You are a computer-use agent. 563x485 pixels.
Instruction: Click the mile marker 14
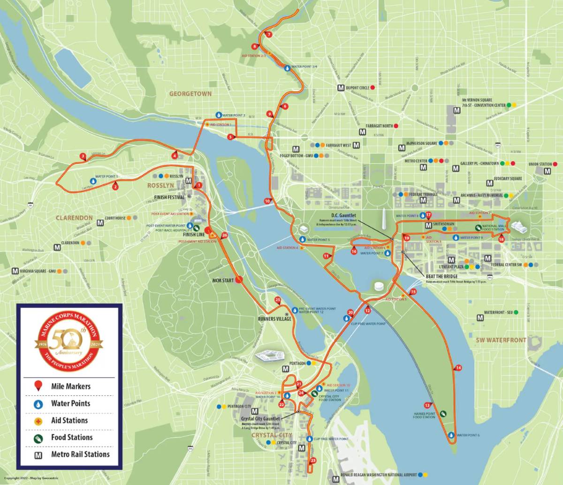pyautogui.click(x=458, y=367)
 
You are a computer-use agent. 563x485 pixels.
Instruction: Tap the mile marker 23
pyautogui.click(x=313, y=460)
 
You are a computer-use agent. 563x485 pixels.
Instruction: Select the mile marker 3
pyautogui.click(x=83, y=156)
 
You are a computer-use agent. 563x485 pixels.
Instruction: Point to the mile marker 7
pyautogui.click(x=268, y=35)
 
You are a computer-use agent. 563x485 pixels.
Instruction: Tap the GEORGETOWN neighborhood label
pyautogui.click(x=190, y=94)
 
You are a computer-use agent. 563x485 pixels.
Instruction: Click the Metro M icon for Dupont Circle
pyautogui.click(x=341, y=88)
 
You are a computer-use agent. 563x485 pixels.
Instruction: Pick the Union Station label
pyautogui.click(x=540, y=164)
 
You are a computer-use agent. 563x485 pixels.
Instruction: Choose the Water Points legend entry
pyautogui.click(x=70, y=403)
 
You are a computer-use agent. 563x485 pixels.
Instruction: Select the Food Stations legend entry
pyautogui.click(x=72, y=437)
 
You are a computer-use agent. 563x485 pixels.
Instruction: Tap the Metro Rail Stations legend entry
pyautogui.click(x=80, y=454)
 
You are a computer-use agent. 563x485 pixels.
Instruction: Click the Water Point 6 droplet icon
pyautogui.click(x=451, y=435)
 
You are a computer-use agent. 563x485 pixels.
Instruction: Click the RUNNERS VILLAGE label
pyautogui.click(x=274, y=318)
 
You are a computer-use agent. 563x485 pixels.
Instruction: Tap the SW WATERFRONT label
pyautogui.click(x=501, y=340)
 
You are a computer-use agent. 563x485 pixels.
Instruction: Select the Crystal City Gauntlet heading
pyautogui.click(x=260, y=418)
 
